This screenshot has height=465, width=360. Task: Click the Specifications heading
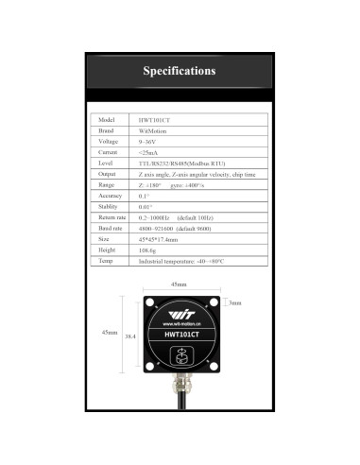tap(180, 71)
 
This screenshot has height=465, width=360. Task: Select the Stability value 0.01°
tap(146, 206)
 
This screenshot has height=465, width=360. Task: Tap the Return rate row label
tap(112, 217)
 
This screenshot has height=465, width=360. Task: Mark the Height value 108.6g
tap(147, 250)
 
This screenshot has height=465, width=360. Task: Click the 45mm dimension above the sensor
tap(179, 284)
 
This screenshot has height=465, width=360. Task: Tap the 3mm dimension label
tap(236, 302)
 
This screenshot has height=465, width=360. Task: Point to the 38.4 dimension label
tap(132, 336)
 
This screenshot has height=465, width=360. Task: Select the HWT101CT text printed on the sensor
tap(179, 332)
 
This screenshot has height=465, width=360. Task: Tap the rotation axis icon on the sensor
tap(179, 355)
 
